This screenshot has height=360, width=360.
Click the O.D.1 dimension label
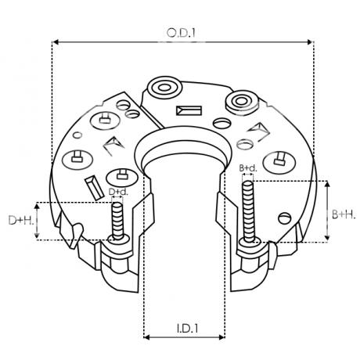pos(182,32)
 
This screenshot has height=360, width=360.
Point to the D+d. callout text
pos(118,191)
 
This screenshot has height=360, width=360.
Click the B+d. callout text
pos(248,168)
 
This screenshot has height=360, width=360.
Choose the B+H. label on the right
pos(340,213)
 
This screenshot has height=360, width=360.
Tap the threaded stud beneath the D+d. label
pos(117,223)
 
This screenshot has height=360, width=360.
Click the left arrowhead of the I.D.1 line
pos(147,338)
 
